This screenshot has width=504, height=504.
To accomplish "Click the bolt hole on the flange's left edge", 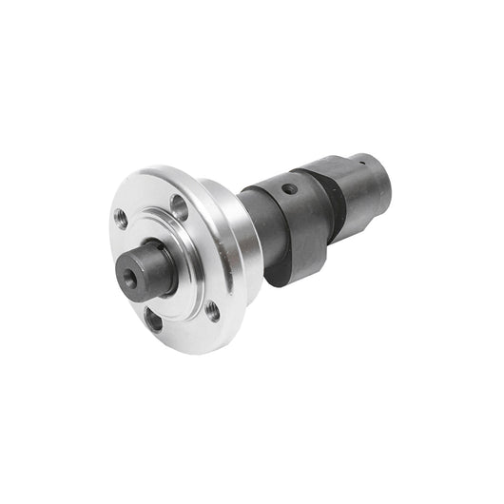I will pyautogui.click(x=121, y=217).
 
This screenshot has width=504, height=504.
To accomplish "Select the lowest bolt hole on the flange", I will pyautogui.click(x=153, y=320).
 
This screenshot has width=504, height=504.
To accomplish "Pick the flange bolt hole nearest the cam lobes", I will pyautogui.click(x=213, y=309).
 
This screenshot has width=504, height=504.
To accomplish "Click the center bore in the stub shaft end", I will pyautogui.click(x=128, y=276).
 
